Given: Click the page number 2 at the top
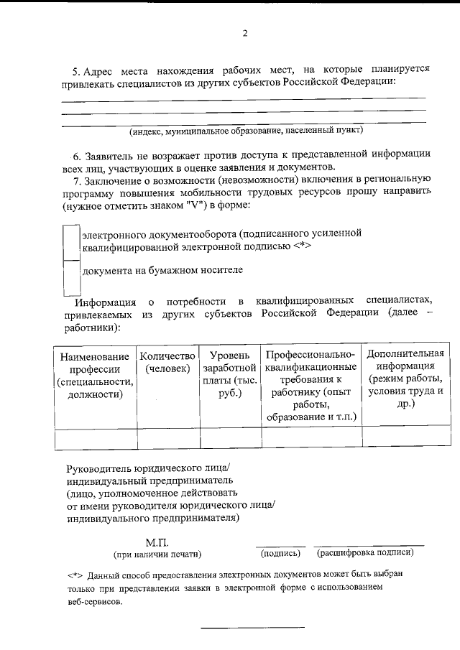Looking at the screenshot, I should pyautogui.click(x=244, y=34).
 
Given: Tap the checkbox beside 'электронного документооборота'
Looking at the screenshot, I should pyautogui.click(x=71, y=242).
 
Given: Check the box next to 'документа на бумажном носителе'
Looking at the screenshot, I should pyautogui.click(x=71, y=277).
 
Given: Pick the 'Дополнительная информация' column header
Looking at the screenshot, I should pyautogui.click(x=405, y=379).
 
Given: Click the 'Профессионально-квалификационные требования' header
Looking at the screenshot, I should pyautogui.click(x=311, y=386).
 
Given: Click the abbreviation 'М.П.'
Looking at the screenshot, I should pyautogui.click(x=157, y=542).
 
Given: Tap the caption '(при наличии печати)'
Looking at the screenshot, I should pyautogui.click(x=157, y=554).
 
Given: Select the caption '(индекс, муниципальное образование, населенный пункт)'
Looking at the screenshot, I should pyautogui.click(x=247, y=131).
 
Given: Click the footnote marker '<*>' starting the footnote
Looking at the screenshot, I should pyautogui.click(x=75, y=576).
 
